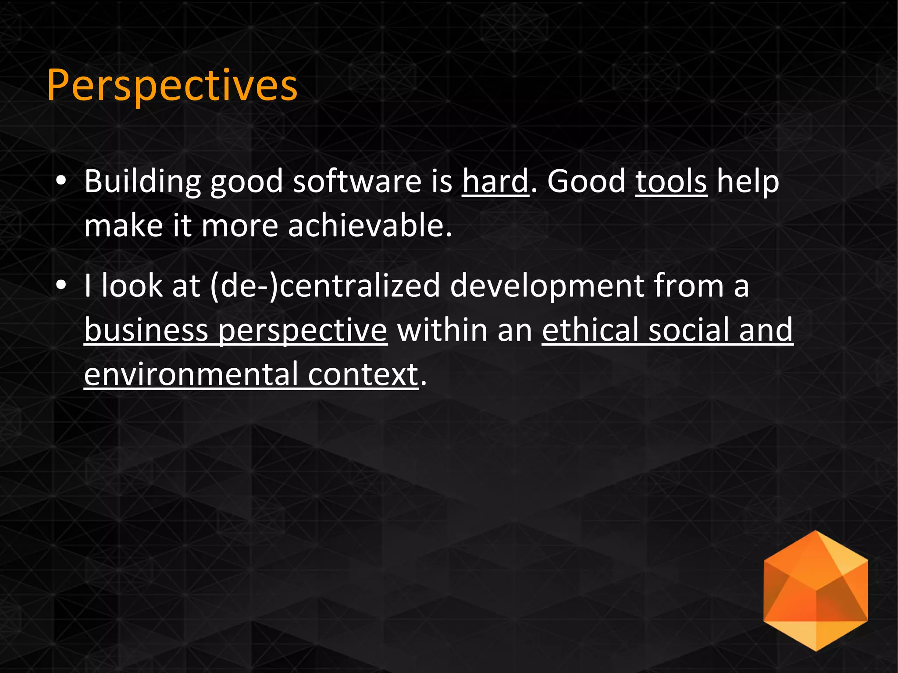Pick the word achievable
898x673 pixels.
pyautogui.click(x=369, y=226)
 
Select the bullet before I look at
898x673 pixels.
pyautogui.click(x=61, y=285)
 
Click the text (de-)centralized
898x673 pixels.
pyautogui.click(x=324, y=286)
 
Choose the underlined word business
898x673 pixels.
pyautogui.click(x=146, y=330)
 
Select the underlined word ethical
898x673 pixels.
pyautogui.click(x=590, y=330)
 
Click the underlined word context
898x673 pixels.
pyautogui.click(x=363, y=375)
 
